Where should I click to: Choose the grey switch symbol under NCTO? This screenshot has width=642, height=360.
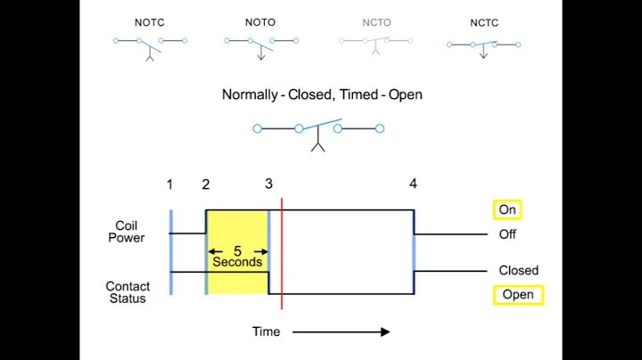(x=376, y=44)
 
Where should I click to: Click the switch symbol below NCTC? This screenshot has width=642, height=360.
(x=483, y=45)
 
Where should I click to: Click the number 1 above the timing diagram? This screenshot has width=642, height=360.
(x=169, y=184)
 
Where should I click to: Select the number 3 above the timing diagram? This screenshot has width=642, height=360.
(x=268, y=184)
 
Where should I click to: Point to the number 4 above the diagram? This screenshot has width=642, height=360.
(x=413, y=184)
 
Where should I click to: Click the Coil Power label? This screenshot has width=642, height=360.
(x=127, y=232)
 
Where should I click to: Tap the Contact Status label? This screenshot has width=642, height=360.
(x=128, y=292)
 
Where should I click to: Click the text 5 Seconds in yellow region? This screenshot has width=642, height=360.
(x=237, y=257)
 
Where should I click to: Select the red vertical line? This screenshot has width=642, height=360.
(x=282, y=254)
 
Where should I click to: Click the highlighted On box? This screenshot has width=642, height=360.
(x=507, y=210)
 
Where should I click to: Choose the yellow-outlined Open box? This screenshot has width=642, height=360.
(x=518, y=295)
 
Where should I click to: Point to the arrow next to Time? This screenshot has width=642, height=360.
(x=341, y=331)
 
